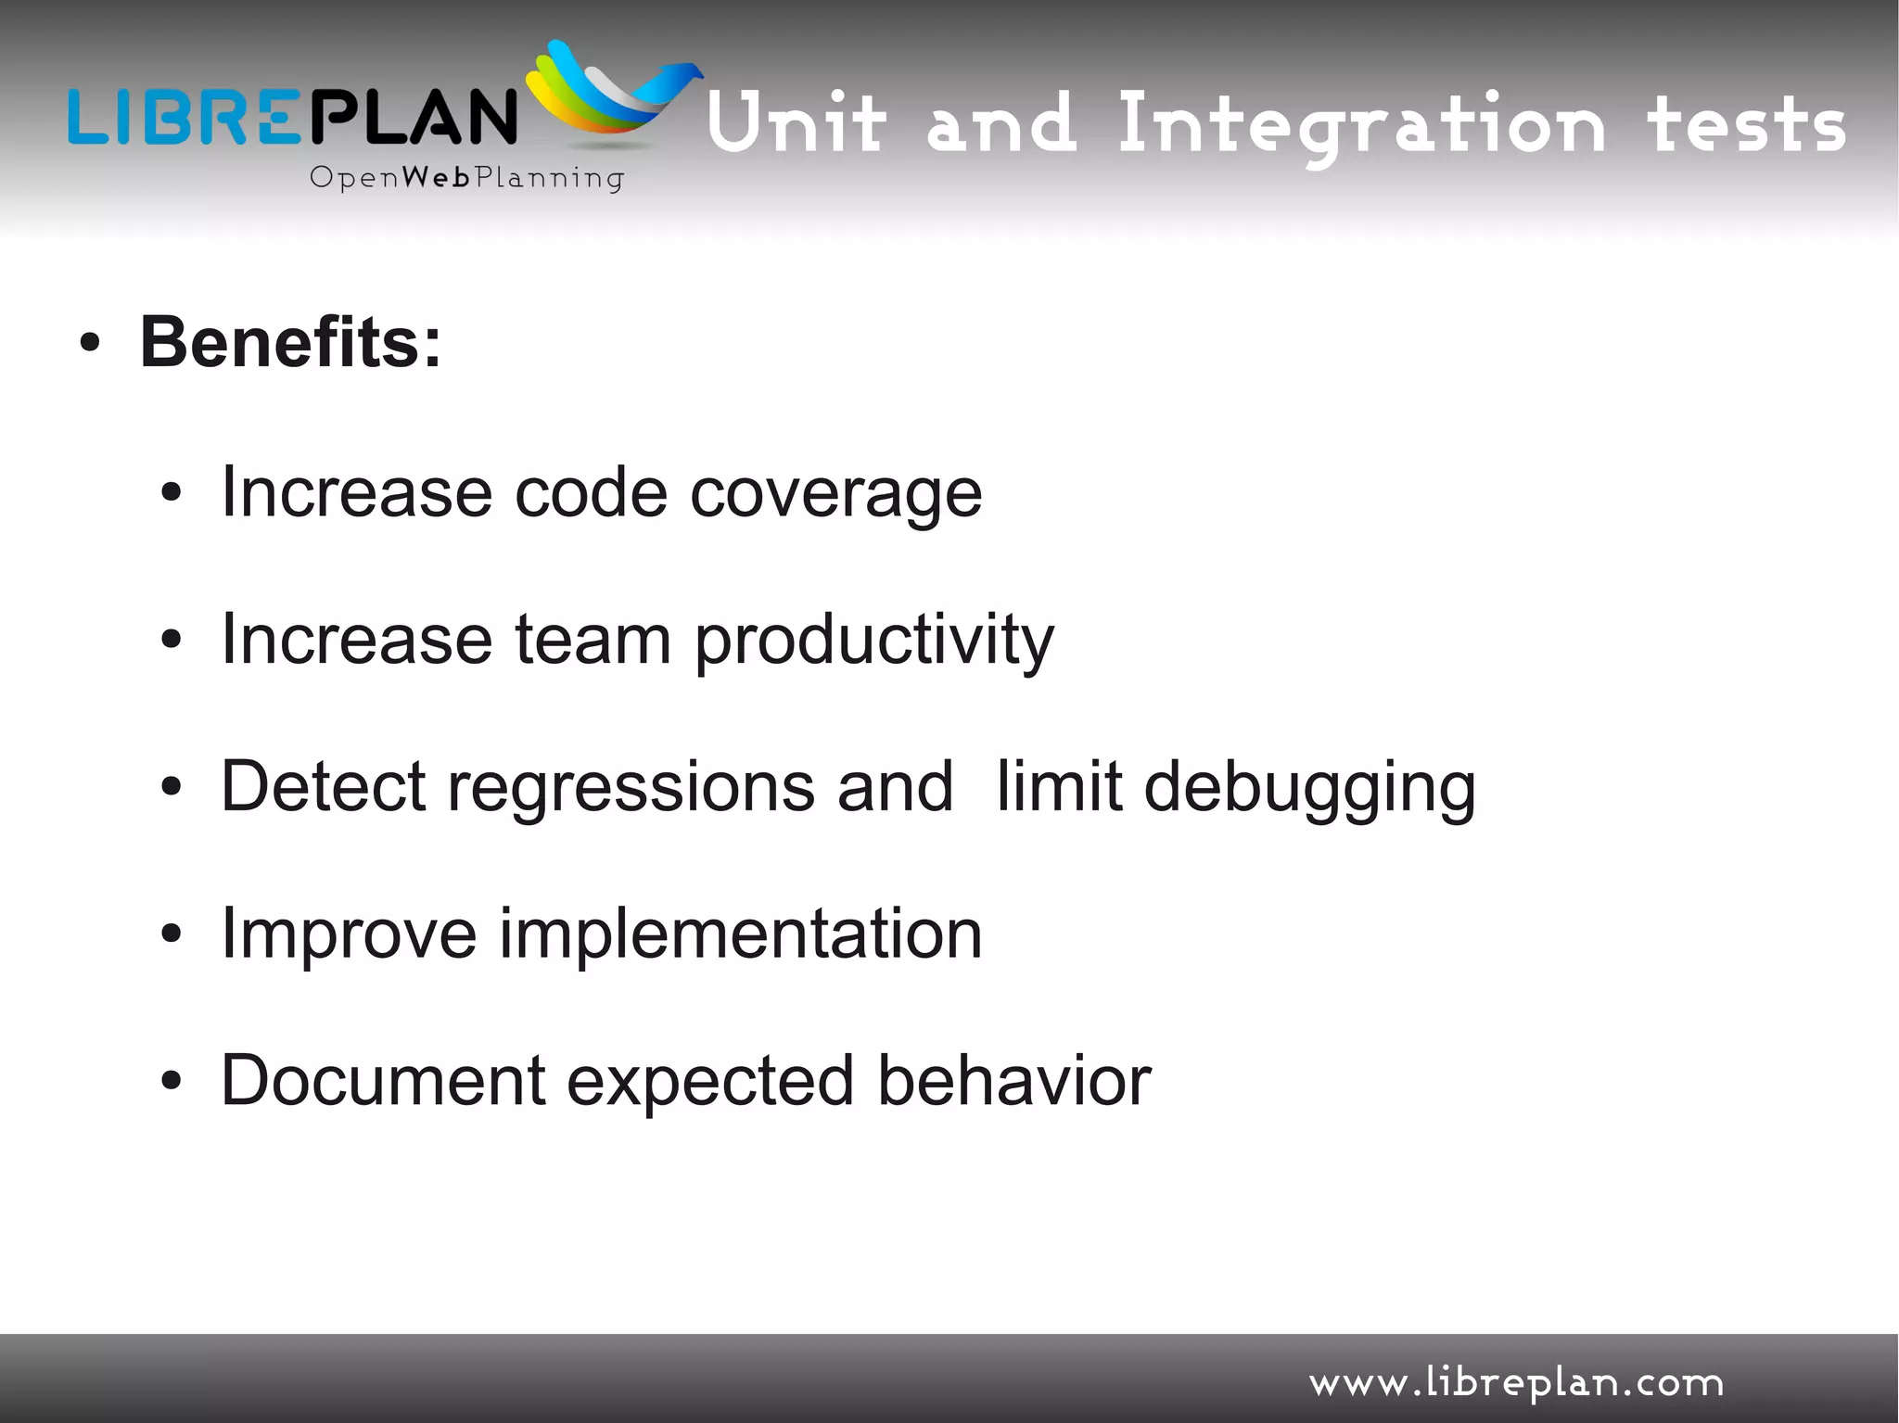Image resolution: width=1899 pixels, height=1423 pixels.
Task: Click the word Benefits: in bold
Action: [x=290, y=343]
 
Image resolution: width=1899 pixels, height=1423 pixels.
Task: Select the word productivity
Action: [x=873, y=641]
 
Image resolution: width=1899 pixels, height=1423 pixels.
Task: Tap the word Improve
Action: [x=349, y=934]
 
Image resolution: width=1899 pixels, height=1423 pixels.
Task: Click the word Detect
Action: [x=323, y=787]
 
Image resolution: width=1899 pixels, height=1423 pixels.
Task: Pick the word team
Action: [x=593, y=641]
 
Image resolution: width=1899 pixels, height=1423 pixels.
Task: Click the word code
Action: [x=591, y=493]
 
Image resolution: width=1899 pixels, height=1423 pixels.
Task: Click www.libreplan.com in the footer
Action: [x=1516, y=1383]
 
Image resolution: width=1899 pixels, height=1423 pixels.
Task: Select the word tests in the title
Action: [x=1746, y=126]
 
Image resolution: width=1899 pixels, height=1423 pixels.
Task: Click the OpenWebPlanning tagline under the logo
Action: [x=466, y=178]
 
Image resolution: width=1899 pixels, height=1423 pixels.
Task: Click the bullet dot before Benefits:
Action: [x=89, y=344]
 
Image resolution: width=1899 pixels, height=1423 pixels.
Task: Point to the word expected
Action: [x=710, y=1082]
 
